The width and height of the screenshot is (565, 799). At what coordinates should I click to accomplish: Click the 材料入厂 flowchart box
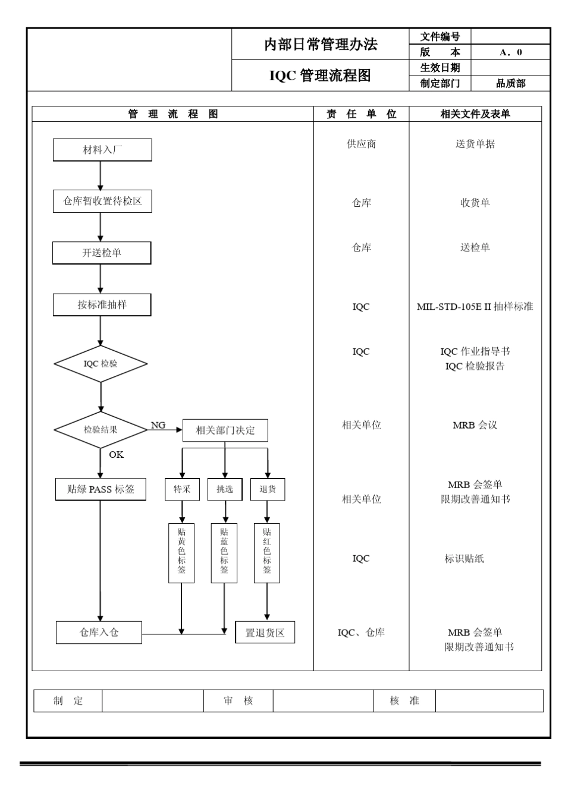pos(102,150)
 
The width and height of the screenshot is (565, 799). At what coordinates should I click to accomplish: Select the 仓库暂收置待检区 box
pos(102,202)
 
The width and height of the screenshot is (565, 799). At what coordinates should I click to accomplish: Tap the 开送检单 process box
pos(102,253)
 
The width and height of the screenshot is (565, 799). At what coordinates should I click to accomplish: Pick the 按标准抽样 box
pos(102,304)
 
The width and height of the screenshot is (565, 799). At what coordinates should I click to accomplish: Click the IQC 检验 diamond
pos(101,364)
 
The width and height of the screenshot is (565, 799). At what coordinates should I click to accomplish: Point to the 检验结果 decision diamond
pos(101,429)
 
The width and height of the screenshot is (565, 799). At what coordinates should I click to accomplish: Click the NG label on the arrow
pos(158,425)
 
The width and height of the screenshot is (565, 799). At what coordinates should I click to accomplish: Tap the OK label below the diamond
pos(117,454)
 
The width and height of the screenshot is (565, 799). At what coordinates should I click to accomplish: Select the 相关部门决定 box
pos(225,430)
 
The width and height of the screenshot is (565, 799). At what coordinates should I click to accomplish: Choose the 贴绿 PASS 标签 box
pos(101,489)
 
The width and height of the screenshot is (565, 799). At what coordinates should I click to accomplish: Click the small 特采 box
pos(182,489)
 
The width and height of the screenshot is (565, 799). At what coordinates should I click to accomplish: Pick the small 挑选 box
pos(225,489)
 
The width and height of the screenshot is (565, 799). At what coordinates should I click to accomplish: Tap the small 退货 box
pos(268,489)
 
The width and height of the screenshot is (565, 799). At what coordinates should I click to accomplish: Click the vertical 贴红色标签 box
pos(267,553)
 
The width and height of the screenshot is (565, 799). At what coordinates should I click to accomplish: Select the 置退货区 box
pos(265,633)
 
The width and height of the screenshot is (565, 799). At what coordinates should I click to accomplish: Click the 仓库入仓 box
pos(99,633)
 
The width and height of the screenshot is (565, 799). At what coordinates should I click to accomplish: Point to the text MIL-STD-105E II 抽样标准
pos(475,307)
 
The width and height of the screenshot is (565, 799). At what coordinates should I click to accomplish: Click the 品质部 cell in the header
pos(510,83)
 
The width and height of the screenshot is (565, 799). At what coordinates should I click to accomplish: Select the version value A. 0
pos(510,52)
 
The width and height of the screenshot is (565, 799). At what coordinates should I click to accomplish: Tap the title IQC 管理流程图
pos(320,76)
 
